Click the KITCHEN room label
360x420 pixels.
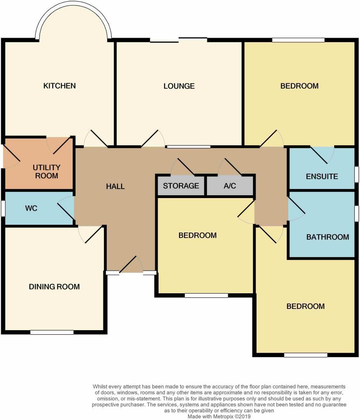60,86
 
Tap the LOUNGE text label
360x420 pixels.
179,86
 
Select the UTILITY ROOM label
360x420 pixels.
46,172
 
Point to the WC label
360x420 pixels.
31,208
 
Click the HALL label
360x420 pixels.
115,186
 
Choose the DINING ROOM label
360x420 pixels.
54,287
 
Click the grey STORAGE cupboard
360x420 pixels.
181,186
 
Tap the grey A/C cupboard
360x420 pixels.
230,186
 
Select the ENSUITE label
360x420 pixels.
322,177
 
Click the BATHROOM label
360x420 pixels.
328,237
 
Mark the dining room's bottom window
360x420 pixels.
52,332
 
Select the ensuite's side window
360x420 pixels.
356,174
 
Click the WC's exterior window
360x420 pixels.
3,208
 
